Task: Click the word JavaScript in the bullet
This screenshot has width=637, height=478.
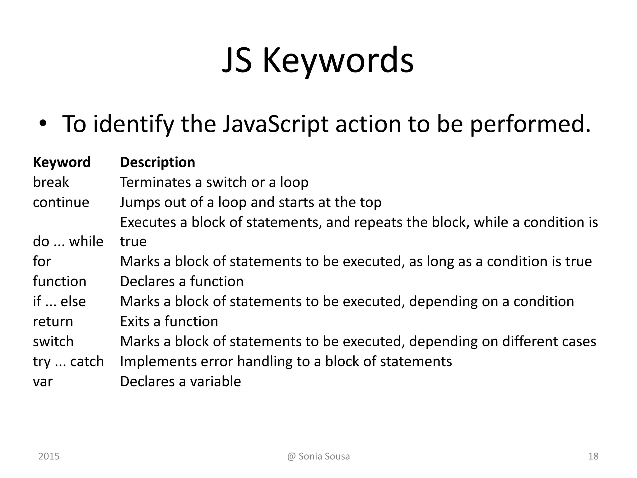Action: tap(275, 124)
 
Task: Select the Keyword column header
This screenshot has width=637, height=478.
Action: tap(62, 162)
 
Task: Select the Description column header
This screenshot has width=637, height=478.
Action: tap(157, 162)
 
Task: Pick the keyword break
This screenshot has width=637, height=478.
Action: tap(51, 182)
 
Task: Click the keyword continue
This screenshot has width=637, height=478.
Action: tap(61, 202)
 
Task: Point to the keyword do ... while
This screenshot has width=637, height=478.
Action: tap(68, 241)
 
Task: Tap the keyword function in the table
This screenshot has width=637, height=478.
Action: tap(59, 282)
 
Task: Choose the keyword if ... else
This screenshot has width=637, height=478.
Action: tap(59, 302)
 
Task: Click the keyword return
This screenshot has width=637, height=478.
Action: tap(53, 321)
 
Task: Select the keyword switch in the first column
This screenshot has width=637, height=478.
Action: tap(53, 342)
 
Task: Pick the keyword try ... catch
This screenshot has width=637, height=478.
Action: tap(68, 362)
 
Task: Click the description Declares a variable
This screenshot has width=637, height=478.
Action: tap(180, 382)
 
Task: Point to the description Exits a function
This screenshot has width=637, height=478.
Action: tap(169, 321)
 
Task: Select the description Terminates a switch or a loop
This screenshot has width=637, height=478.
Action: tap(214, 182)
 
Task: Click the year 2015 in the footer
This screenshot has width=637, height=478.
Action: tap(49, 456)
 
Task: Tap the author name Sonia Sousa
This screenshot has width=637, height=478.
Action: tap(324, 456)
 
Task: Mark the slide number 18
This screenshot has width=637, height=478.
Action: tap(593, 456)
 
